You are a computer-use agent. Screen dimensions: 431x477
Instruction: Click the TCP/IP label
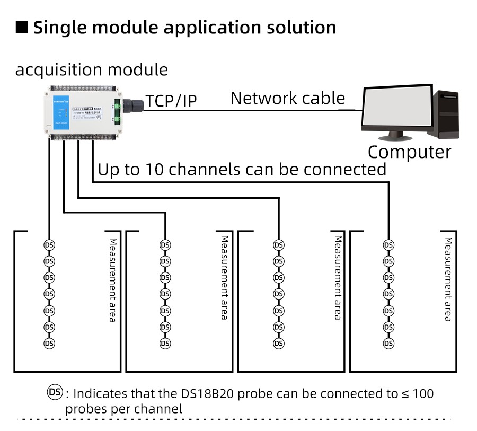[171, 100]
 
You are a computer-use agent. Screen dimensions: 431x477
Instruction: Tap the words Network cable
[287, 98]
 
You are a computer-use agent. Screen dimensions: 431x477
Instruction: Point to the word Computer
[409, 152]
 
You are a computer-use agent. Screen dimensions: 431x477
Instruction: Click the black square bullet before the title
[22, 28]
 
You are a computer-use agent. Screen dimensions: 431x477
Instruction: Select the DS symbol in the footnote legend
[55, 392]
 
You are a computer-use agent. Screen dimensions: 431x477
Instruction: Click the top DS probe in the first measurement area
[49, 245]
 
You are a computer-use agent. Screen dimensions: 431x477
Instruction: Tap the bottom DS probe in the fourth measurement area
[388, 344]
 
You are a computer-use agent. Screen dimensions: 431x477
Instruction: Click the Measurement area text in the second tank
[225, 278]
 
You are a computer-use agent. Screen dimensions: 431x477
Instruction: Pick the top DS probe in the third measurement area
[278, 245]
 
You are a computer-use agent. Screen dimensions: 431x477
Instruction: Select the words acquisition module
[91, 70]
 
